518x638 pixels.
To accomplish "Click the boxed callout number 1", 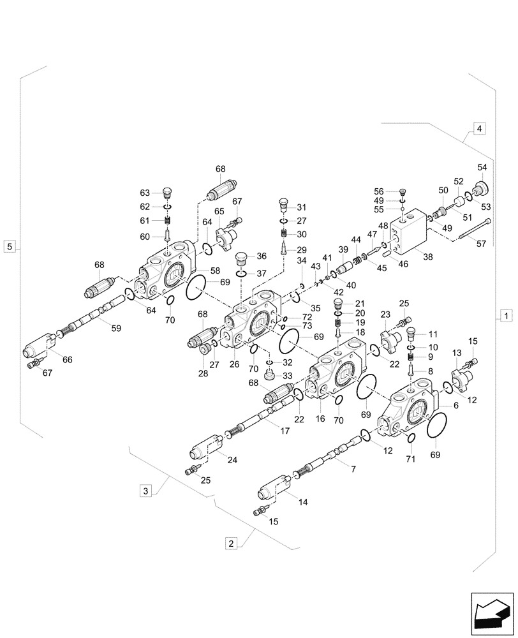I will pyautogui.click(x=505, y=315).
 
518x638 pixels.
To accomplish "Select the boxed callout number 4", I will pyautogui.click(x=480, y=128).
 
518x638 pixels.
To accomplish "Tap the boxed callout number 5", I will pyautogui.click(x=9, y=246).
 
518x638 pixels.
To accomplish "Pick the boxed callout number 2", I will pyautogui.click(x=230, y=543).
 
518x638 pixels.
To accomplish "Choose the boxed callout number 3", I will pyautogui.click(x=146, y=491).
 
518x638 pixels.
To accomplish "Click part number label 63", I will pyautogui.click(x=145, y=193).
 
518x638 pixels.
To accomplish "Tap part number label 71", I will pyautogui.click(x=411, y=459).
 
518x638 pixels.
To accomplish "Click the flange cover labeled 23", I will pyautogui.click(x=389, y=336).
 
